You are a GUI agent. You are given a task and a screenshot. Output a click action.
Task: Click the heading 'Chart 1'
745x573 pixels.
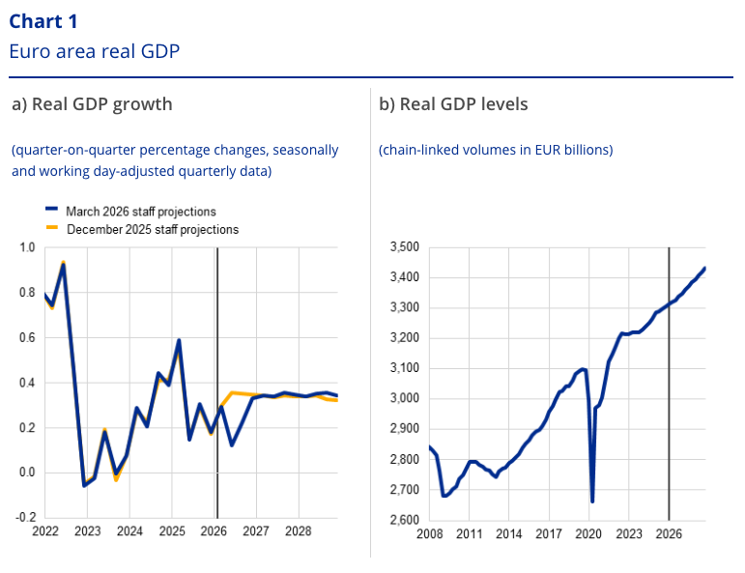[x=44, y=21]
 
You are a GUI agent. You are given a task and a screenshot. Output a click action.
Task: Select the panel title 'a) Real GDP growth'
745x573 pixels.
[x=92, y=104]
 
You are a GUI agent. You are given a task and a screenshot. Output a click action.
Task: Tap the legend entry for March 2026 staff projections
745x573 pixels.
[x=140, y=212]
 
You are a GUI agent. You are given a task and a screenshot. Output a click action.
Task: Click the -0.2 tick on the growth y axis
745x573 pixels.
[x=25, y=518]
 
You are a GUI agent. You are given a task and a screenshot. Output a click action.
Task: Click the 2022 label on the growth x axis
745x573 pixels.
[x=45, y=532]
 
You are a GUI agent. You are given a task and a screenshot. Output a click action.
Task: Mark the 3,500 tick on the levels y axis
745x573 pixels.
[x=402, y=248]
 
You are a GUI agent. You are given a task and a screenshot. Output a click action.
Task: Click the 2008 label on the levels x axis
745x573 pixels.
[x=429, y=533]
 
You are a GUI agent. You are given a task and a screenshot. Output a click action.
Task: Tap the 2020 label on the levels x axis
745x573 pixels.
[x=588, y=533]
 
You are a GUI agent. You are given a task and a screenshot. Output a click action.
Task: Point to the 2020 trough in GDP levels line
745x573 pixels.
[x=592, y=501]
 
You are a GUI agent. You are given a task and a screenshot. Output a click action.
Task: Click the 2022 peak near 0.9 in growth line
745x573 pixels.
[x=64, y=264]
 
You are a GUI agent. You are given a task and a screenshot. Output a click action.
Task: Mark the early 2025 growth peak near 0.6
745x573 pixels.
[x=179, y=340]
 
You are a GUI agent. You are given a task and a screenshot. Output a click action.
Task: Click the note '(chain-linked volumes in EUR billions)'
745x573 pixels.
[x=496, y=150]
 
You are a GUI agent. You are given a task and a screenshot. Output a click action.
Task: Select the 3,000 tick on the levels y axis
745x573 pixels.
[x=402, y=399]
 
